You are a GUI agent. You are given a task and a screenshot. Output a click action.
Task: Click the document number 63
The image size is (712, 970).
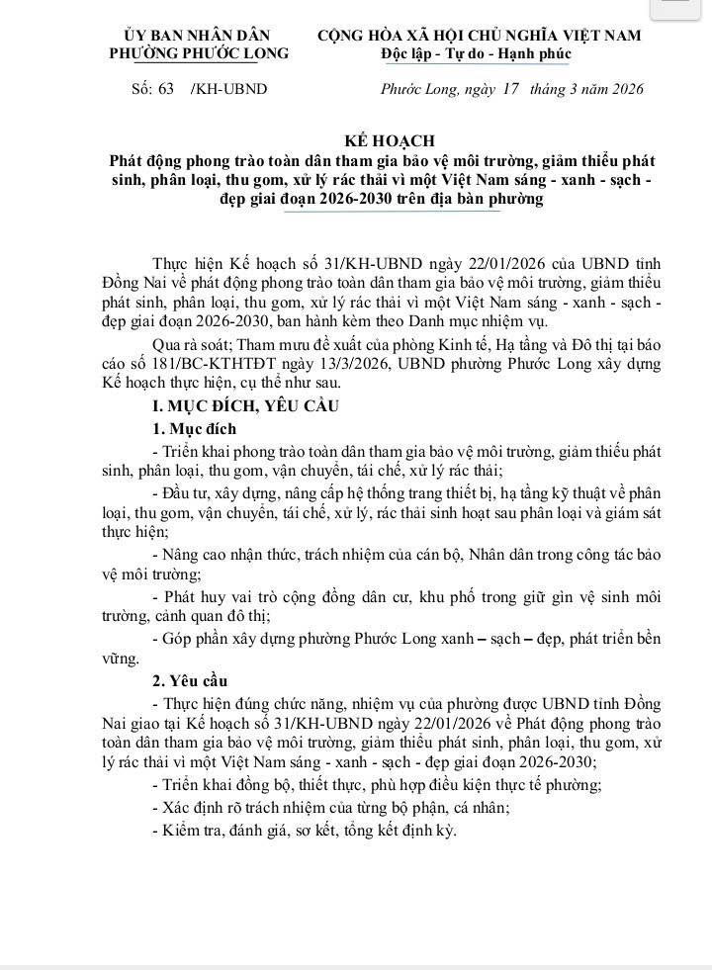[x=165, y=89]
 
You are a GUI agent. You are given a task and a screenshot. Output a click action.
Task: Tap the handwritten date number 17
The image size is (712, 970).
[x=510, y=88]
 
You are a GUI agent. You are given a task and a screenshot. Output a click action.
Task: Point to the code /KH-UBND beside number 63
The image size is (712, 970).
[x=229, y=89]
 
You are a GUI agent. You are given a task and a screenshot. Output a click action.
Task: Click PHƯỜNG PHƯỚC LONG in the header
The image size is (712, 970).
[x=199, y=53]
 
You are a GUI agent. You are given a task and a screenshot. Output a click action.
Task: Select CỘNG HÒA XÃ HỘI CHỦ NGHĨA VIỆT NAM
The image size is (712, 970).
[x=480, y=36]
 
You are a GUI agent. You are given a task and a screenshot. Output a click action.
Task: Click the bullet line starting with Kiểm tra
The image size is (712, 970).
[x=305, y=831]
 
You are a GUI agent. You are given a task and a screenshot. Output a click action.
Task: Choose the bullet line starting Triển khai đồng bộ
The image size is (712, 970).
[x=377, y=784]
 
